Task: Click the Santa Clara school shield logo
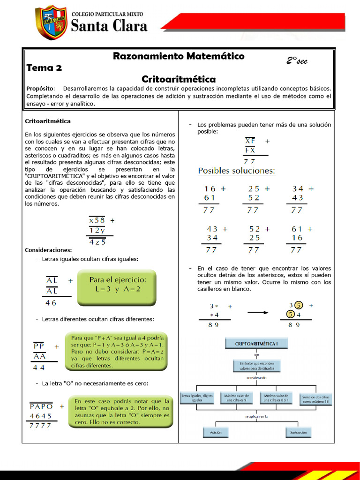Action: click(x=51, y=22)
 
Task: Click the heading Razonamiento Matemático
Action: click(x=179, y=56)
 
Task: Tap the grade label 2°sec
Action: click(x=297, y=61)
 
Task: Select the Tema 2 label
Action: click(x=44, y=67)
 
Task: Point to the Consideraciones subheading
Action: click(x=48, y=250)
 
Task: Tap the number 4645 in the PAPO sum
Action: click(x=41, y=416)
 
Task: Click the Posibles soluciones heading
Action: click(x=237, y=171)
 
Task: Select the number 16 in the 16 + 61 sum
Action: click(x=210, y=189)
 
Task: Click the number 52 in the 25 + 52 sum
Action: click(x=254, y=198)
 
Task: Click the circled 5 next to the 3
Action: click(x=299, y=305)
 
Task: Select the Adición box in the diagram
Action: click(x=216, y=432)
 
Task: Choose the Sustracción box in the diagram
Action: click(x=298, y=432)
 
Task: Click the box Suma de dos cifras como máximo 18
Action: click(x=316, y=399)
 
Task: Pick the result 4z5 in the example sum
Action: click(x=97, y=242)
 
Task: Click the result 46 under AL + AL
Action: click(x=51, y=303)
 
